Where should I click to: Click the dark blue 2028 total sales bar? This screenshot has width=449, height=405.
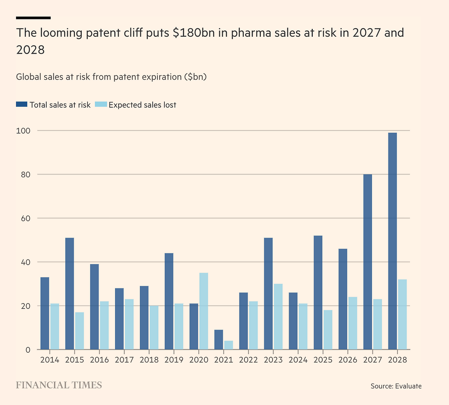[392, 241]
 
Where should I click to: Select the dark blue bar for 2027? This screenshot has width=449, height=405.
[367, 262]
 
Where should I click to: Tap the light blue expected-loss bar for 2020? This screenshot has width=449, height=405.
[203, 311]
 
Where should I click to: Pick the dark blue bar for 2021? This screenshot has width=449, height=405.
[218, 340]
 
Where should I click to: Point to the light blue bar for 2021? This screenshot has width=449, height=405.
[228, 345]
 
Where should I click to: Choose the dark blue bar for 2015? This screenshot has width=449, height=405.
[69, 294]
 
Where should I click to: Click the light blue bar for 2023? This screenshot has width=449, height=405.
[278, 317]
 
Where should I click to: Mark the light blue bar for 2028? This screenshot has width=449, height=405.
[402, 315]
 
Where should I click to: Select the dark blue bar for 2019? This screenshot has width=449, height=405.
[169, 301]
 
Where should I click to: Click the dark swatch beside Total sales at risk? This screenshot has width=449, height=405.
[21, 105]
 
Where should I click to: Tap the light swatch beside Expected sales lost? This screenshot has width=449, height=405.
[101, 105]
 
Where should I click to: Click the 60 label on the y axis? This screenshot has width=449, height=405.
[25, 218]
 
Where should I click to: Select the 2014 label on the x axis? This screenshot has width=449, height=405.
[50, 360]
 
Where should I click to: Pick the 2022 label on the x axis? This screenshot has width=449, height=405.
[248, 360]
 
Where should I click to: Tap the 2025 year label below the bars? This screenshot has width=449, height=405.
[323, 360]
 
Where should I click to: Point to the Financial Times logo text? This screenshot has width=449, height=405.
[59, 385]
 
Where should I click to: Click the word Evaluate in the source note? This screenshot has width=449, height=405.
[408, 386]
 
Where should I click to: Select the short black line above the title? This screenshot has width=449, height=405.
[33, 18]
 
